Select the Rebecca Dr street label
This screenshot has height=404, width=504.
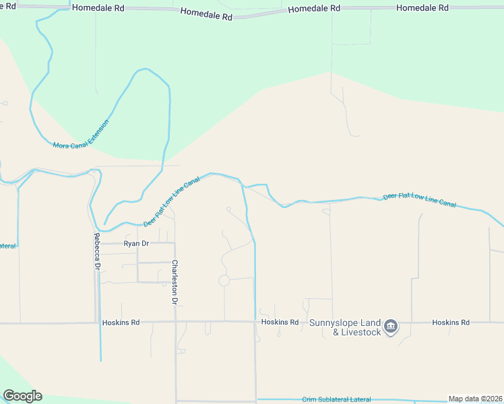point(97,252)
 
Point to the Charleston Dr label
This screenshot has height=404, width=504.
point(175,283)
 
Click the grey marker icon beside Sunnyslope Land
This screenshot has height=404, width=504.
point(391,327)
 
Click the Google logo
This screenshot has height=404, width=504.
point(22,396)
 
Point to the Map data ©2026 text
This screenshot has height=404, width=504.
point(475,399)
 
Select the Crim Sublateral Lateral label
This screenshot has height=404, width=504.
point(336,399)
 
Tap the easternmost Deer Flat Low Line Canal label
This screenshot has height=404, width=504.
point(419,201)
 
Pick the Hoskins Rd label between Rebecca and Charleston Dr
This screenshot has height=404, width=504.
point(121,323)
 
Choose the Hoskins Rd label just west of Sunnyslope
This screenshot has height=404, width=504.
point(280,323)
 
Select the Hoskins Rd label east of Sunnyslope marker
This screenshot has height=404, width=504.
point(451,323)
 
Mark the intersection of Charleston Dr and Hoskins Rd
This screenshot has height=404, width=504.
point(175,323)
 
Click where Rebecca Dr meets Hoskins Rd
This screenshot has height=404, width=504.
point(96,323)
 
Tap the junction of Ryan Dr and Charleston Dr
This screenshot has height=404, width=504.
point(174,243)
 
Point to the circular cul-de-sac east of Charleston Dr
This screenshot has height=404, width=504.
point(224,280)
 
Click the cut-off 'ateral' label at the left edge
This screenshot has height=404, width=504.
point(7,246)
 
